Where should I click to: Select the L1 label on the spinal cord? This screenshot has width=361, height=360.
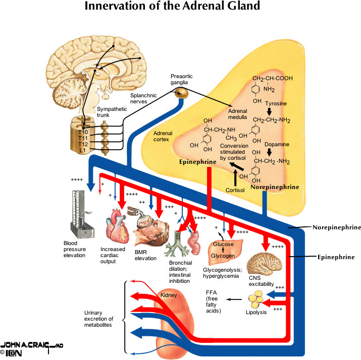tap(82, 150)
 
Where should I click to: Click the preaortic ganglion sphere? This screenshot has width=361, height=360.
tap(181, 92)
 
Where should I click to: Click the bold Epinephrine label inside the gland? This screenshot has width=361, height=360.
tap(197, 163)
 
